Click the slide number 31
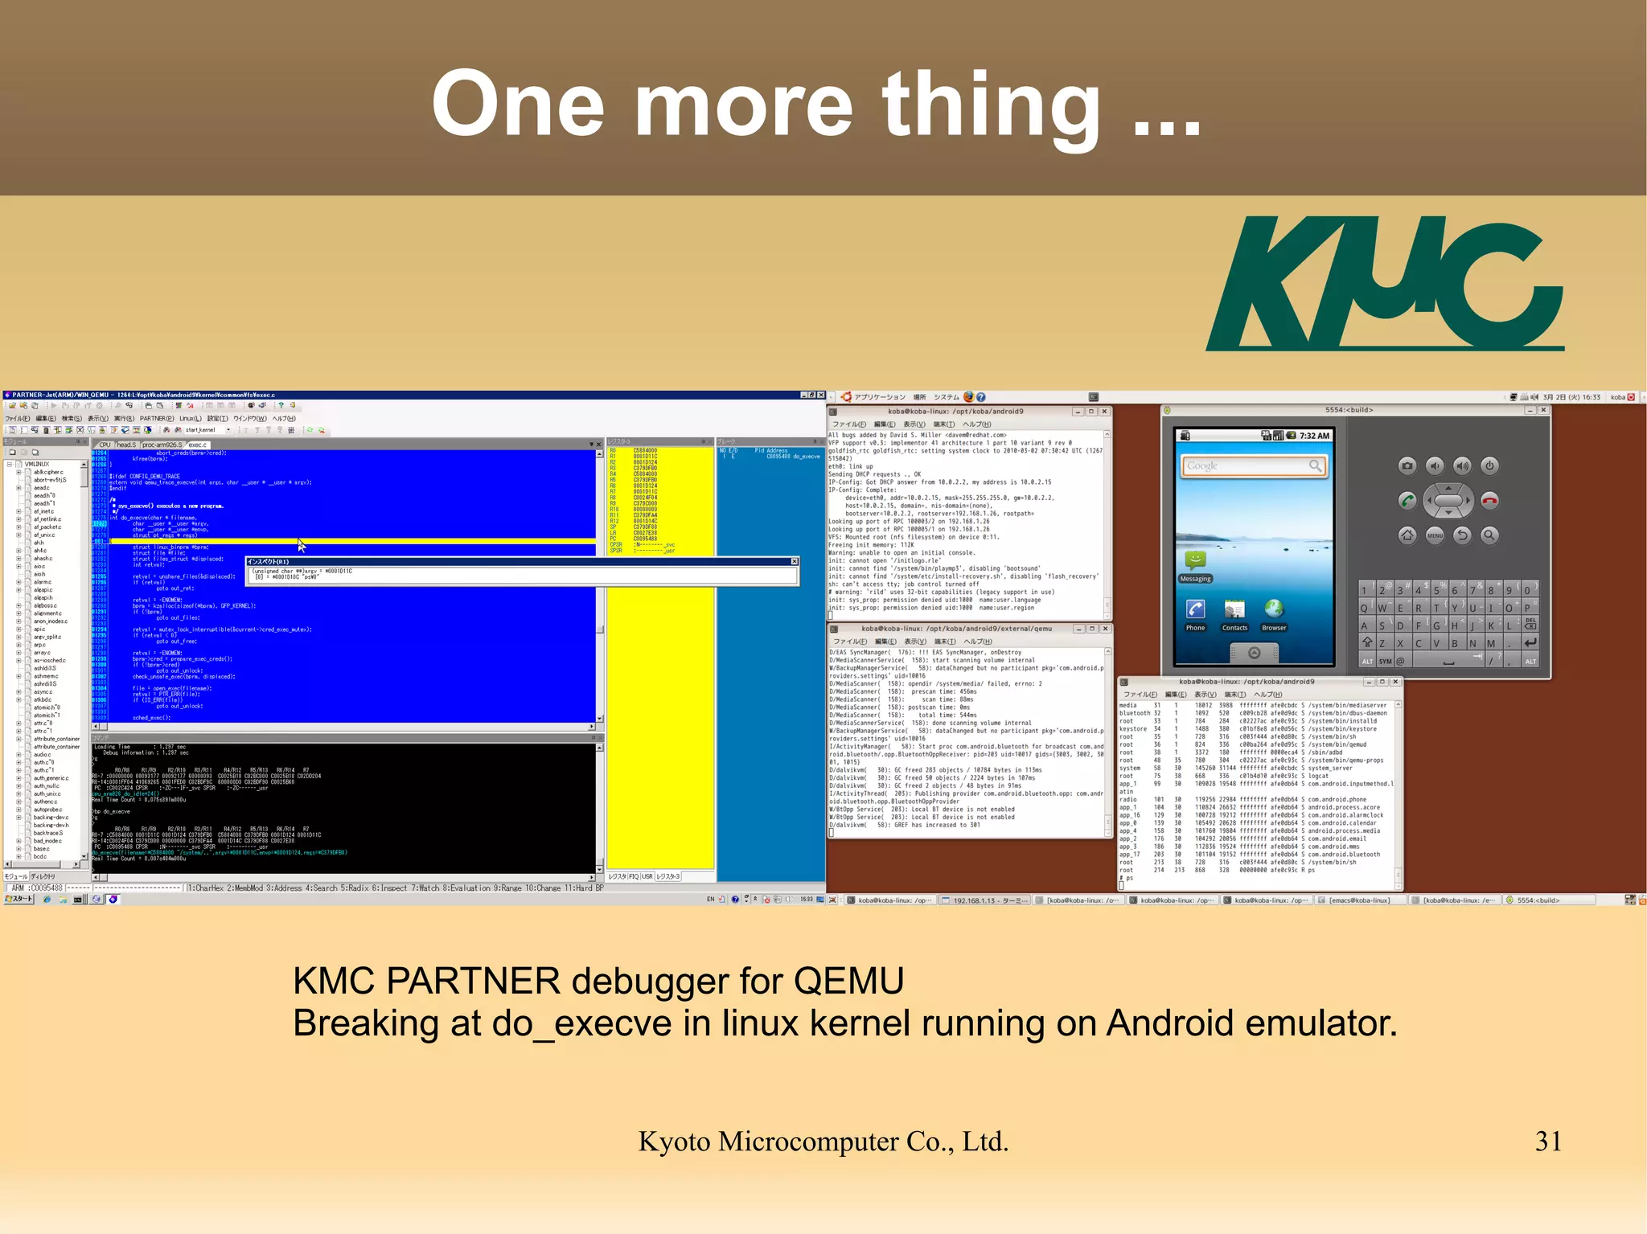[x=1547, y=1141]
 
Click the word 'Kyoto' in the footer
[x=674, y=1142]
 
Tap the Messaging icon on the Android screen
[x=1195, y=563]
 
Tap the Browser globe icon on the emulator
[x=1274, y=610]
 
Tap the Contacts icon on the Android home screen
[x=1234, y=610]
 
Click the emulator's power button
[x=1489, y=465]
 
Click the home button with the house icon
[x=1407, y=535]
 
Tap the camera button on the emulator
[x=1407, y=465]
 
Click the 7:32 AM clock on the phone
[x=1314, y=436]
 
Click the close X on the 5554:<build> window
[x=1543, y=410]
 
